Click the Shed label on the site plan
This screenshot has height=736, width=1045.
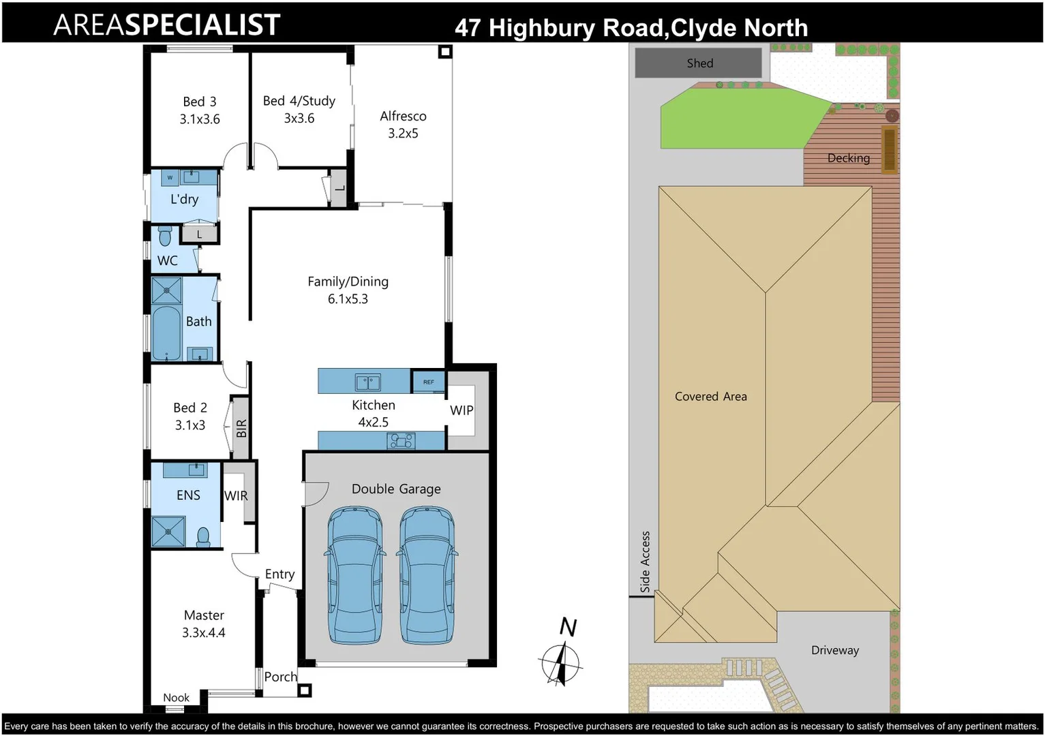699,63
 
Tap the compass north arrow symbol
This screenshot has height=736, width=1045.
561,660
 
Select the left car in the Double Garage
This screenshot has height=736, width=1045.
355,576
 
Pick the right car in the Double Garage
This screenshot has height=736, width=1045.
426,576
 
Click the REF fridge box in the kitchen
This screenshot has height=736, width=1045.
429,382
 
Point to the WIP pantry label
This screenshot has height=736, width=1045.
461,410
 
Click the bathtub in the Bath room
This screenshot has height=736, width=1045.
166,333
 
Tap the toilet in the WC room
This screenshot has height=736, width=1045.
165,236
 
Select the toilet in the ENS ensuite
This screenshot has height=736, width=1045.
203,537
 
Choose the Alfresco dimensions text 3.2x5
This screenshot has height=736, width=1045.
403,134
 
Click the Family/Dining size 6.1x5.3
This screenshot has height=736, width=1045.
348,299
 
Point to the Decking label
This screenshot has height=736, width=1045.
848,158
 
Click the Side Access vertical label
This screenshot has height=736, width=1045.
645,561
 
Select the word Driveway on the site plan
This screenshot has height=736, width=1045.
834,650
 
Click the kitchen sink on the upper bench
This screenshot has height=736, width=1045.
367,382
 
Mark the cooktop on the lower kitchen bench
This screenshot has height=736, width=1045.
401,441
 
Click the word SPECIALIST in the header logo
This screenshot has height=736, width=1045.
202,25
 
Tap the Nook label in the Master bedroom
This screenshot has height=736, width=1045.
176,697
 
